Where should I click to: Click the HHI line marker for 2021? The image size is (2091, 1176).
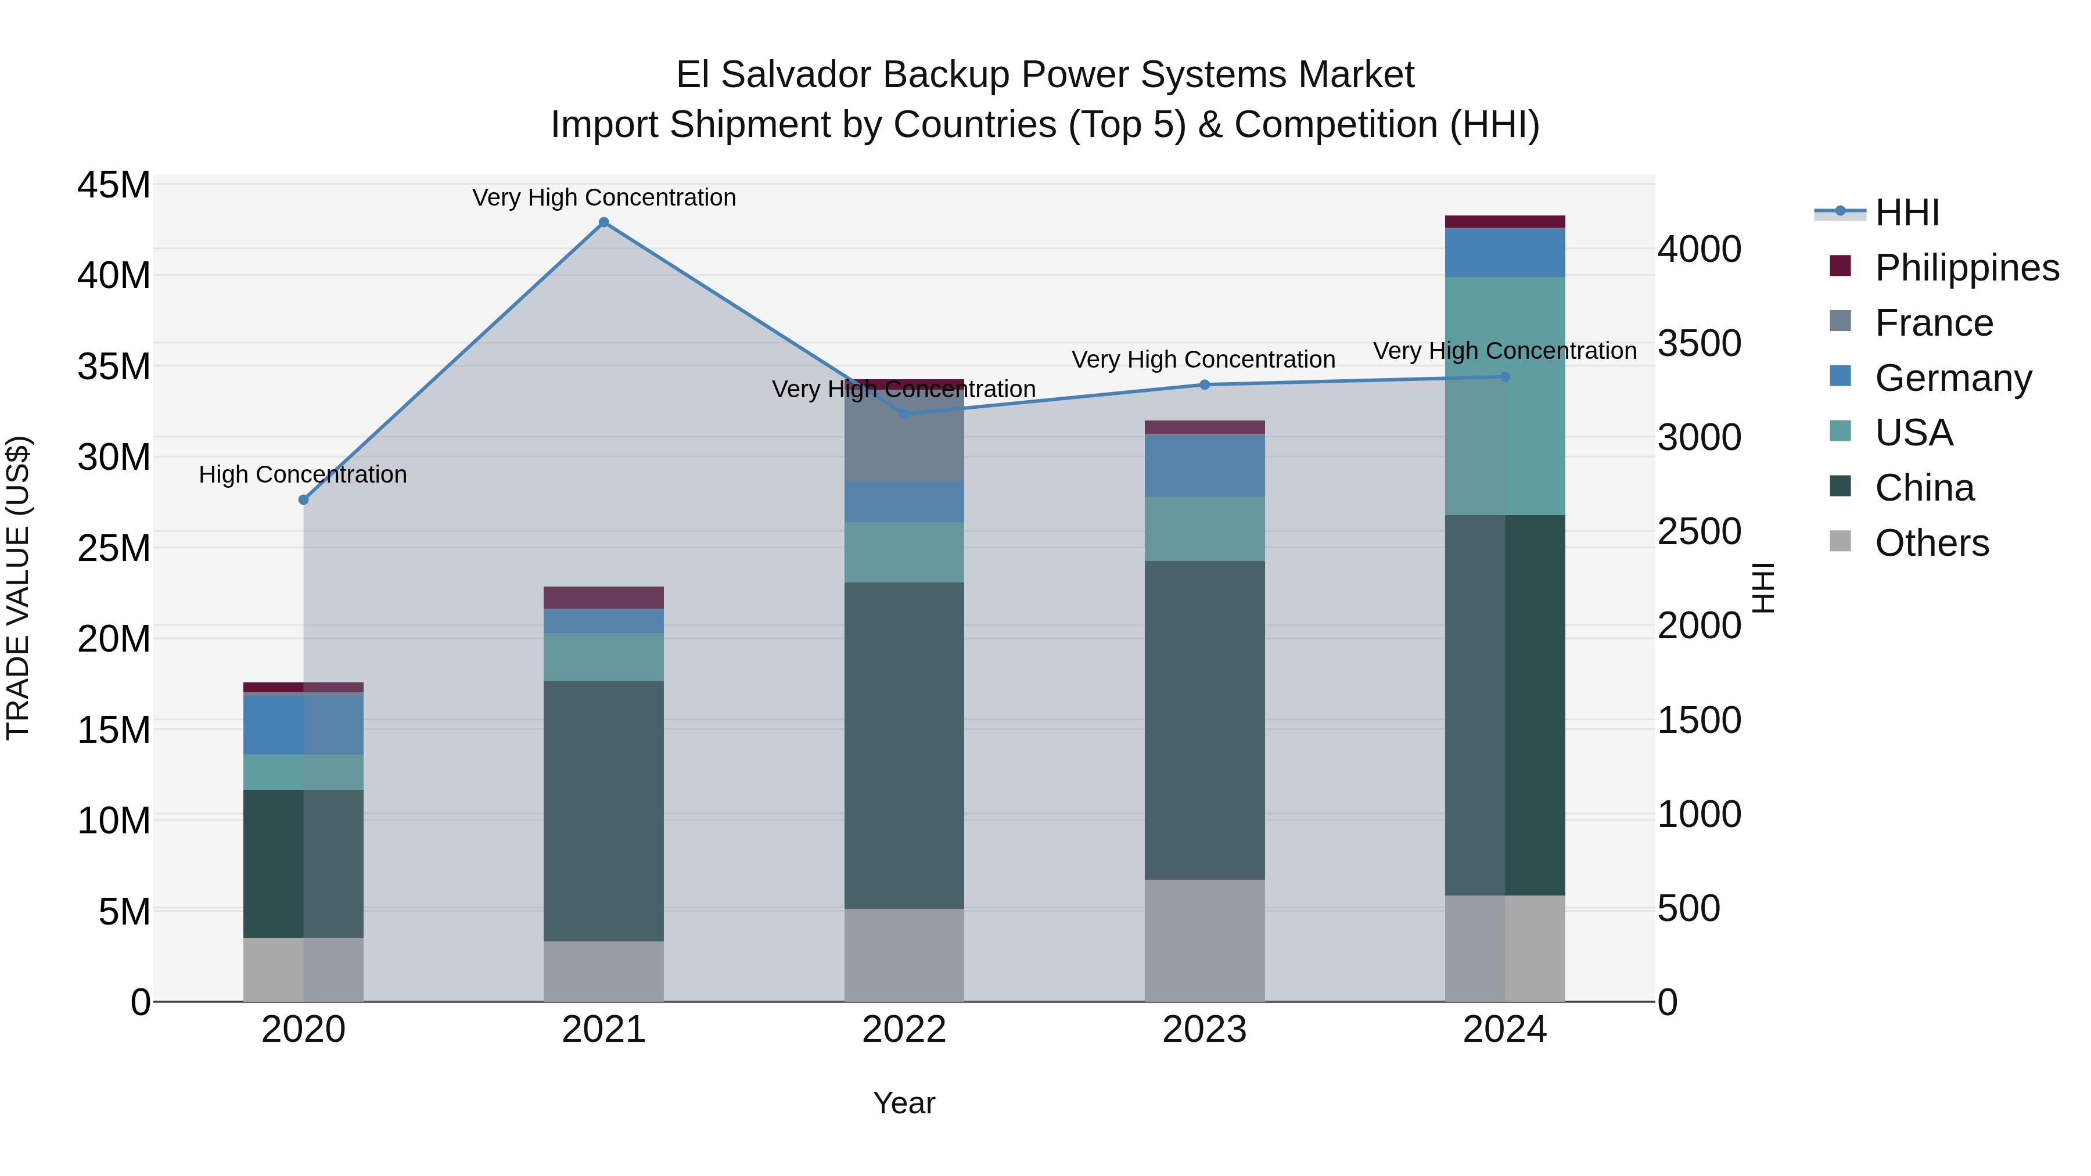(x=603, y=222)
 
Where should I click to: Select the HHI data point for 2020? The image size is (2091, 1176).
(x=304, y=500)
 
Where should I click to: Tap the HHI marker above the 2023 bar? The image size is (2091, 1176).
(x=1205, y=384)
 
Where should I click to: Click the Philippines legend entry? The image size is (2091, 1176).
(x=1966, y=268)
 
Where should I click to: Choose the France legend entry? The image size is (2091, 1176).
(x=1934, y=323)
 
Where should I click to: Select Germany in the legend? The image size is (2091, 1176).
(x=1952, y=378)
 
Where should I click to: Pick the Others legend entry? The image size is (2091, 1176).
(x=1931, y=543)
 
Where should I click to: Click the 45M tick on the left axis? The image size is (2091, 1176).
(x=114, y=185)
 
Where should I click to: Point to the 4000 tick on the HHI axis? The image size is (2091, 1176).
(x=1699, y=249)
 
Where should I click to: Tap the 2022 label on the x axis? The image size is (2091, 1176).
(x=903, y=1030)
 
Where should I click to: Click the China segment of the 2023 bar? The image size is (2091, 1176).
(x=1205, y=720)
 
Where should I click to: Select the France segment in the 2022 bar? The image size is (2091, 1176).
(x=903, y=436)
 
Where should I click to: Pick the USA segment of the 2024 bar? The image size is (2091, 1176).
(x=1505, y=396)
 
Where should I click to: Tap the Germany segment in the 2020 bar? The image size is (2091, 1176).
(x=304, y=725)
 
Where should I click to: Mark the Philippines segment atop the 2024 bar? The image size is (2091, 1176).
(x=1505, y=222)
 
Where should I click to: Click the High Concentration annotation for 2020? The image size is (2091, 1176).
(x=303, y=475)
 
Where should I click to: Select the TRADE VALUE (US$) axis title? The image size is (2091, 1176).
(x=18, y=588)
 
